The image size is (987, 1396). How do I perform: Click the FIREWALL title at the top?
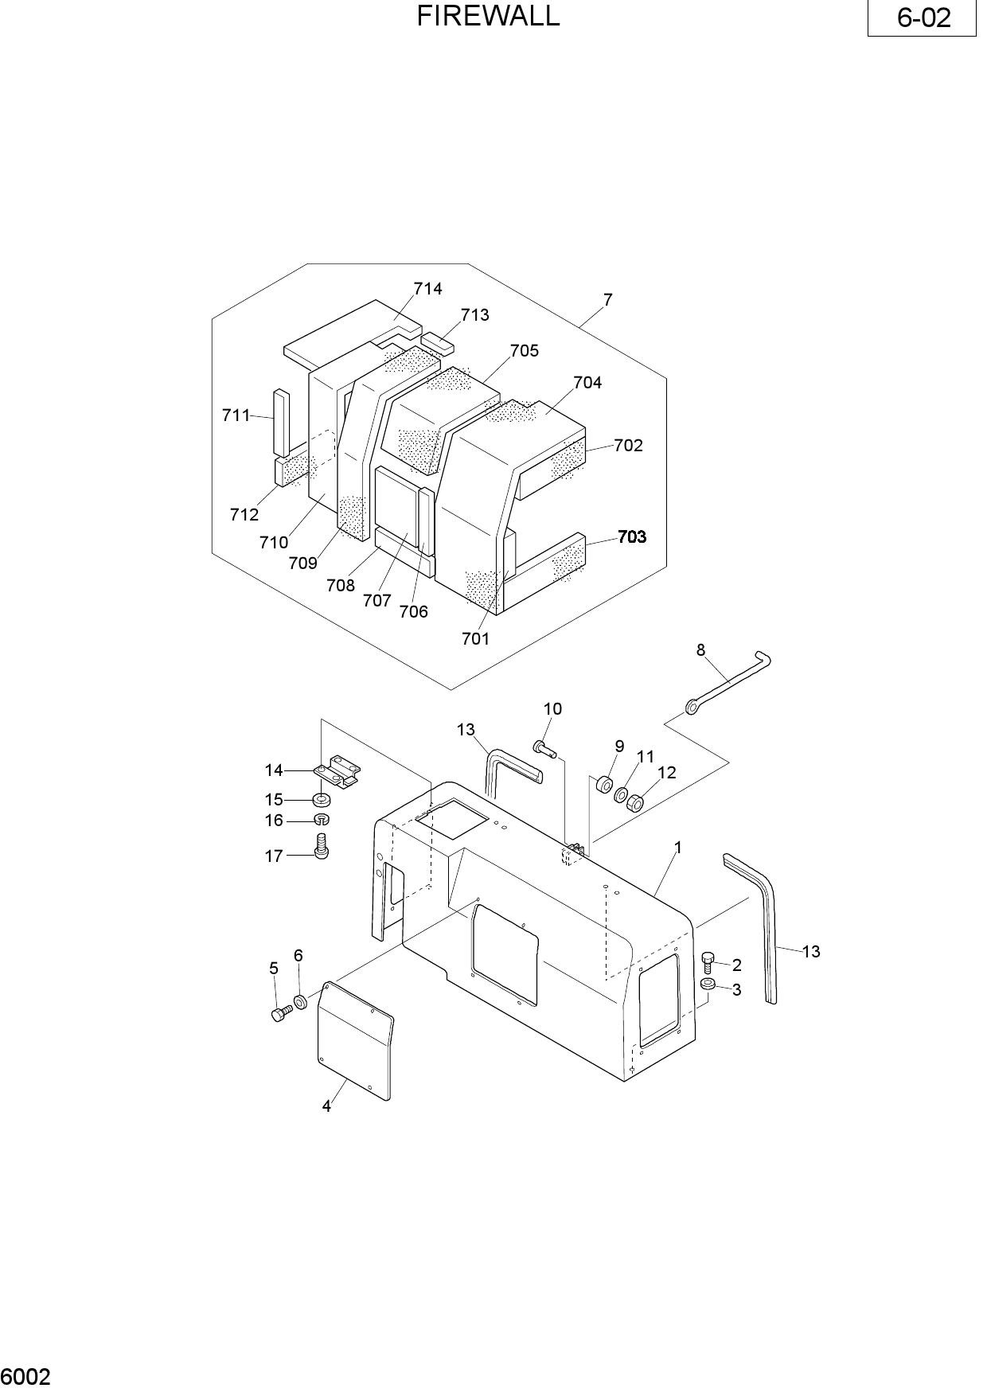(488, 15)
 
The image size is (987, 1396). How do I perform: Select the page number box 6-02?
(922, 18)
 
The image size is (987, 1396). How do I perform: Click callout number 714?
(427, 288)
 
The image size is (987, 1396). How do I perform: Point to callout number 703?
(632, 536)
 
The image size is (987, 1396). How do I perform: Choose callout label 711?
(236, 415)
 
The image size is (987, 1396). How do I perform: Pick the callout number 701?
(476, 638)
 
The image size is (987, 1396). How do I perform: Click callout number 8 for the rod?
(700, 650)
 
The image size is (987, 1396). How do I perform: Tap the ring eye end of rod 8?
(693, 704)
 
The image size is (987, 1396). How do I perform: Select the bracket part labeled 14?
(338, 771)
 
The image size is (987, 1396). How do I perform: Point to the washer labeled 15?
(322, 798)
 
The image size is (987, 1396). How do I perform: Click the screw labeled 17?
(322, 845)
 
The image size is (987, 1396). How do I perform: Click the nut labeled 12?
(635, 804)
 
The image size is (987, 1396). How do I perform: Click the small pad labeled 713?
(438, 343)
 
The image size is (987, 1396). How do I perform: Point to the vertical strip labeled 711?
(279, 422)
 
